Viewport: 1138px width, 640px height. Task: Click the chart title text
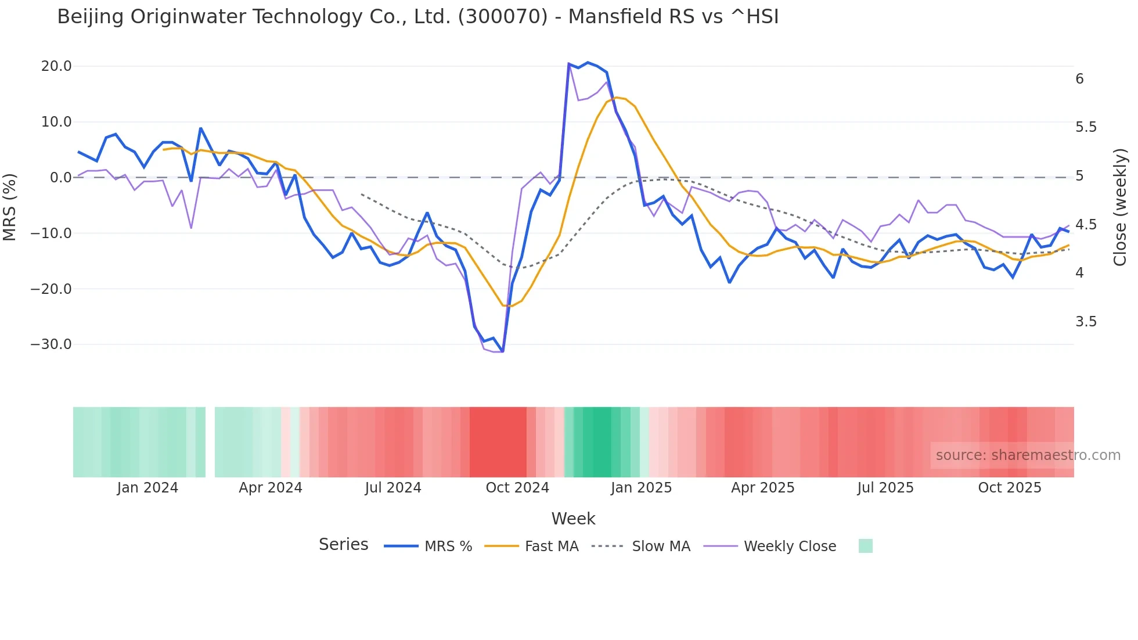(417, 17)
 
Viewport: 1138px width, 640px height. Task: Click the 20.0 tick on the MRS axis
(56, 66)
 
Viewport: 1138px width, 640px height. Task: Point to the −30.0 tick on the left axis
(51, 344)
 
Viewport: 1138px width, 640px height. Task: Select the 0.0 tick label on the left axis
(60, 178)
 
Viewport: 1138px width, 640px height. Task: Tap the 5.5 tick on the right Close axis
(1086, 127)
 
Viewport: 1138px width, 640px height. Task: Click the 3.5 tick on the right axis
(1086, 322)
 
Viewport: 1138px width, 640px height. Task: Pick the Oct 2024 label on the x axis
(517, 488)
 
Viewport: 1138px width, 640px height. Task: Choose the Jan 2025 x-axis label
(641, 488)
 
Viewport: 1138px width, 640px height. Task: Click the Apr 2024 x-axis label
(270, 488)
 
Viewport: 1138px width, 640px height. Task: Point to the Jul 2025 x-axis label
(885, 488)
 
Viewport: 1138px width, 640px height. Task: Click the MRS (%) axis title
(10, 207)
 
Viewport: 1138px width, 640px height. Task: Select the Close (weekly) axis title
(1120, 207)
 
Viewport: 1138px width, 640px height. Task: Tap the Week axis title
(573, 519)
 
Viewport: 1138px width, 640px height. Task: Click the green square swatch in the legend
(865, 546)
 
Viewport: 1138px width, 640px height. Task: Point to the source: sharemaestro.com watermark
(1028, 455)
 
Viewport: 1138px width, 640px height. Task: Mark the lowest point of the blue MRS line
(503, 351)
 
